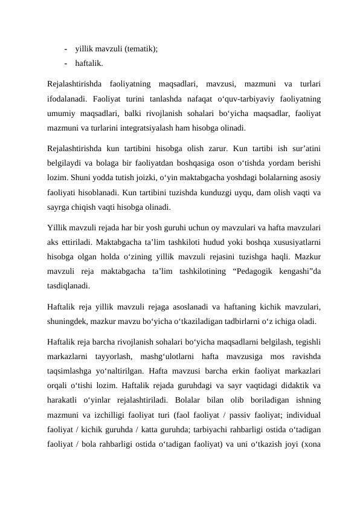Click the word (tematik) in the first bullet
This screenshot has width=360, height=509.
[x=141, y=50]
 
